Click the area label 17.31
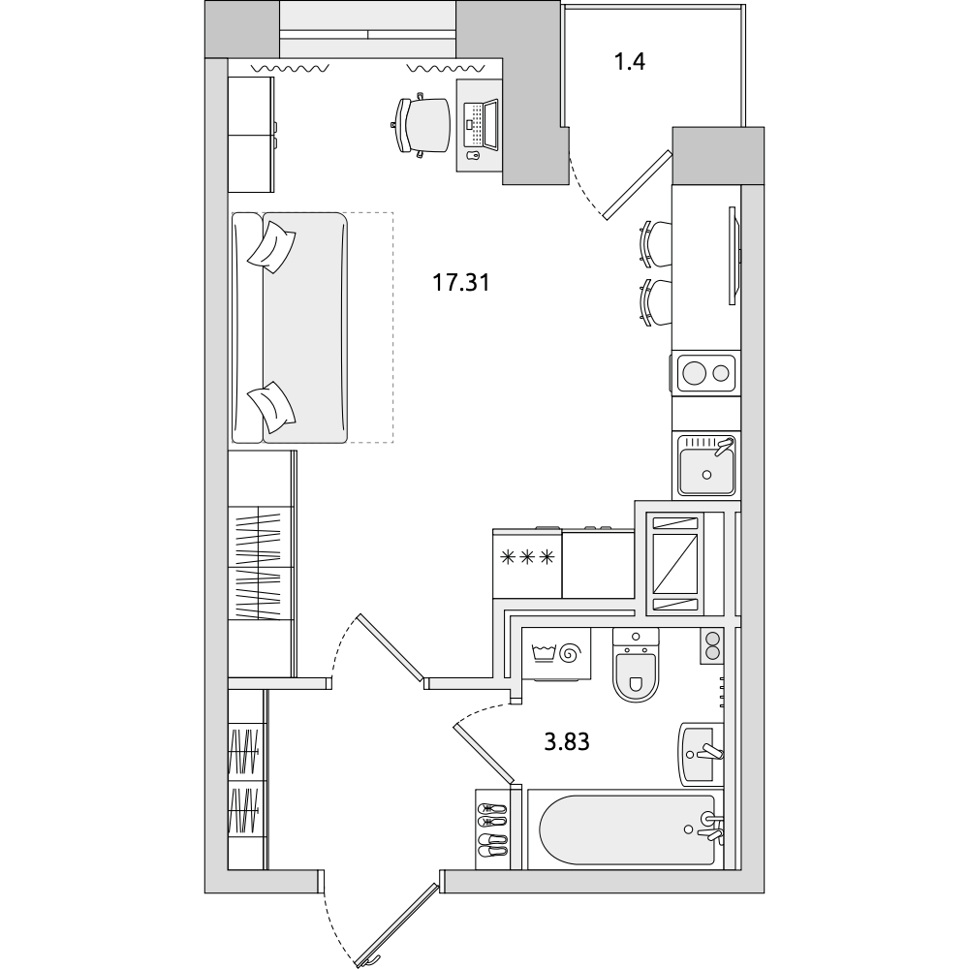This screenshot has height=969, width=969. point(460,283)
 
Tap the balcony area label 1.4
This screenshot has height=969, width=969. point(631,62)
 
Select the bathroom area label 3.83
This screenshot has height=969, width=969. point(567,741)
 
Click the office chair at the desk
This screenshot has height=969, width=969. point(422,125)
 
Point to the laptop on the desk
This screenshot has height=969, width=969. point(482,125)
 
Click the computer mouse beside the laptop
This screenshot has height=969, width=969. point(472,155)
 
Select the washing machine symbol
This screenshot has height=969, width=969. point(556,654)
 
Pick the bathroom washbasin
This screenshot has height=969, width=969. point(701,754)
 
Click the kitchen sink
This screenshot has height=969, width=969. point(706,465)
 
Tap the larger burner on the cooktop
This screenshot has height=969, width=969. point(695,373)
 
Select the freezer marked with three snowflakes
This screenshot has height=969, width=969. point(527,564)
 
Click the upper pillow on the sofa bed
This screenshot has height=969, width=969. point(272,247)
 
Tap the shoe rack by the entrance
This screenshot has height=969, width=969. point(492,829)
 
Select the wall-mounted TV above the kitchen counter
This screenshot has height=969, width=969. point(735,255)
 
